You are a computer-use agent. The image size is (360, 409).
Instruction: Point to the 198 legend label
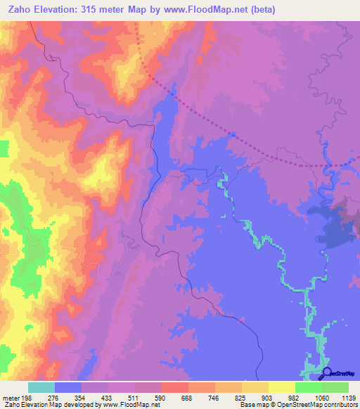coord(28,397)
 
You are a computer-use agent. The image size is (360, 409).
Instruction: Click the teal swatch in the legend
coord(41,387)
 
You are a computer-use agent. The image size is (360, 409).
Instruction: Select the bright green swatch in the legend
coord(309,387)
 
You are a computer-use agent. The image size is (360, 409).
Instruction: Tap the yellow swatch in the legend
coord(281,387)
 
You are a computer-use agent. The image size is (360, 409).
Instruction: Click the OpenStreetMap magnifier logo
coord(326,372)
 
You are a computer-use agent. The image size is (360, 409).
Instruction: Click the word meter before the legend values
coord(10,397)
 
